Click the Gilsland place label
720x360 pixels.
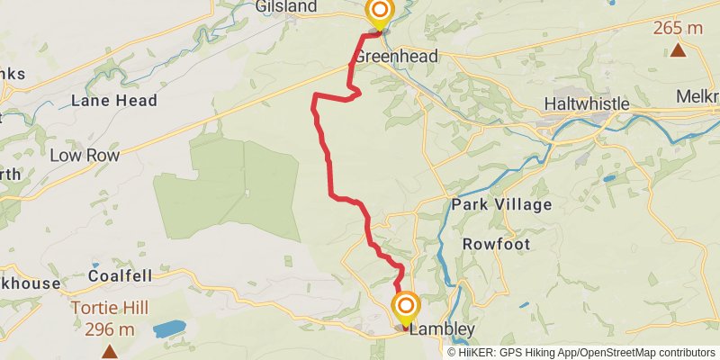(285, 7)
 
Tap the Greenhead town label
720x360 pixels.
(396, 57)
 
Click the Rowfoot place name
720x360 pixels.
(496, 244)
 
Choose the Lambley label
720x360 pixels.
(441, 330)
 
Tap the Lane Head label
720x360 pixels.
(114, 101)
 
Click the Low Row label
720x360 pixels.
(85, 156)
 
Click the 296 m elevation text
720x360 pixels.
(110, 329)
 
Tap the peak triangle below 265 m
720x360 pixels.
(678, 49)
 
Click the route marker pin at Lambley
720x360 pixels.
(405, 307)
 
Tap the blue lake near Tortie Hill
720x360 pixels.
(169, 328)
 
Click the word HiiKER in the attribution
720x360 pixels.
(477, 353)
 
